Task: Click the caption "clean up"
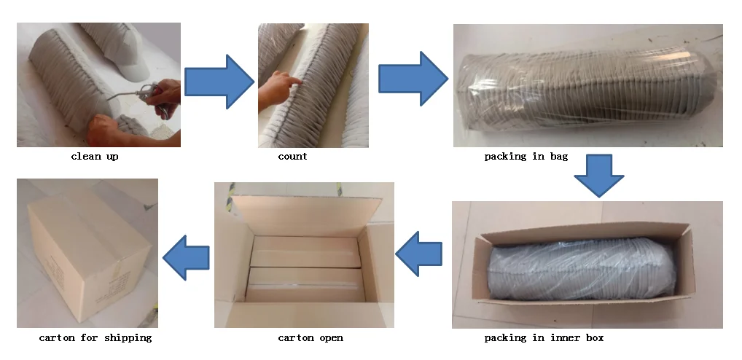(x=95, y=156)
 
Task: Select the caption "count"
(x=292, y=156)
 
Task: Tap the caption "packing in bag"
(x=526, y=156)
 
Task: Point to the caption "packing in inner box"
(x=544, y=337)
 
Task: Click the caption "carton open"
(x=311, y=337)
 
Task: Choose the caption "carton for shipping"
(x=95, y=337)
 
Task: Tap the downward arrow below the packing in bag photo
(x=598, y=176)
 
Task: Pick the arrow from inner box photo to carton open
(x=418, y=253)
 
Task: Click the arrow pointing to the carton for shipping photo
(x=186, y=256)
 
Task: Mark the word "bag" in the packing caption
(x=558, y=156)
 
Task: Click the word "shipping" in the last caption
(x=128, y=337)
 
